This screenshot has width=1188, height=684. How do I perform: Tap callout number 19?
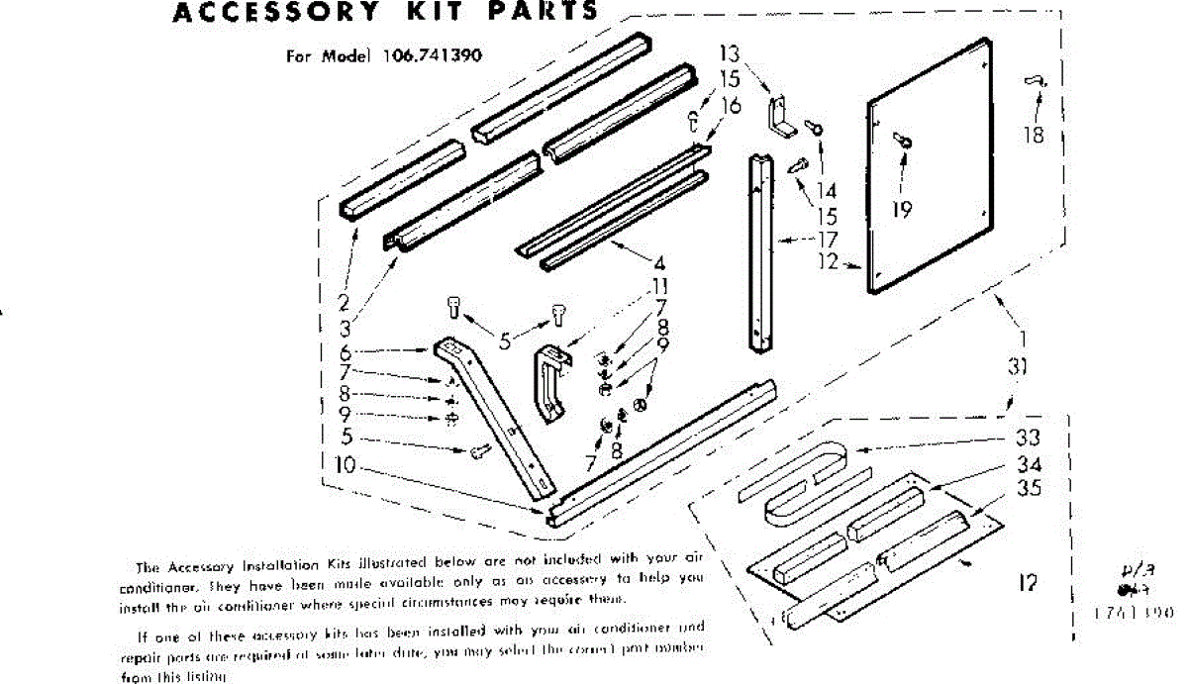(x=901, y=209)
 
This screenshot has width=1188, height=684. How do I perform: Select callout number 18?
(x=1035, y=136)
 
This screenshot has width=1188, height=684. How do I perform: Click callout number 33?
(x=1028, y=440)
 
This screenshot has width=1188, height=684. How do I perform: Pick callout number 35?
(x=1028, y=488)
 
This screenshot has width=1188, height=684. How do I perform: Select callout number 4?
(x=657, y=264)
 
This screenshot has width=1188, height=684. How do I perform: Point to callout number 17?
(x=828, y=239)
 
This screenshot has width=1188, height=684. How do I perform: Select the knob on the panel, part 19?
(x=905, y=142)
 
